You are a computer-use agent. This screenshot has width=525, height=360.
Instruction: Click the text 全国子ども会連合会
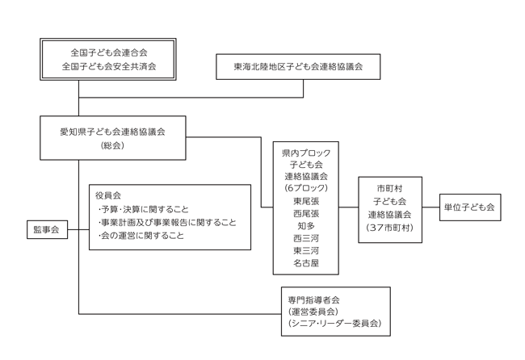[x=109, y=52]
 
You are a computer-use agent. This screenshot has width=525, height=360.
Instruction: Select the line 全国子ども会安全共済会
[x=109, y=66]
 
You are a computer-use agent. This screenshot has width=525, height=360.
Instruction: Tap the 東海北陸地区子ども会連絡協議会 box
[x=298, y=66]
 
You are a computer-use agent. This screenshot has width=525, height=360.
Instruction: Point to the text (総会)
[x=112, y=145]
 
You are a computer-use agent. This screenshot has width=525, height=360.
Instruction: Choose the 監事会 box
[x=47, y=230]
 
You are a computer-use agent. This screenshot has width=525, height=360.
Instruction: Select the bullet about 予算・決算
[x=143, y=209]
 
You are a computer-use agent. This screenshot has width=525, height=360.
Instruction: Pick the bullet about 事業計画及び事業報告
[x=166, y=222]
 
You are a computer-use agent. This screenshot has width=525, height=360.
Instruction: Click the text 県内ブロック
[x=305, y=152]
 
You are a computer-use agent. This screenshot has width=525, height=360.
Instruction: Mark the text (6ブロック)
[x=305, y=187]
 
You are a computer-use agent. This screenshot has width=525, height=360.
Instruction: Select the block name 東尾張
[x=305, y=200]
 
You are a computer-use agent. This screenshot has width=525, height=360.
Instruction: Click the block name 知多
[x=305, y=226]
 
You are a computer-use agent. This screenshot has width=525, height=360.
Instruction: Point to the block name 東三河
[x=305, y=251]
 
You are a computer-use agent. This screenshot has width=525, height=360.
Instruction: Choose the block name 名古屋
[x=305, y=263]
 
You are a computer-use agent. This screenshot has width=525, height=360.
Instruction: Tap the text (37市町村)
[x=390, y=228]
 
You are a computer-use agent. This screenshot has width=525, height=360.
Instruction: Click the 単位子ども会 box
[x=468, y=207]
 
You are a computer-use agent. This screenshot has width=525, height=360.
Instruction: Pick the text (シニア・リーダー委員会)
[x=334, y=324]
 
